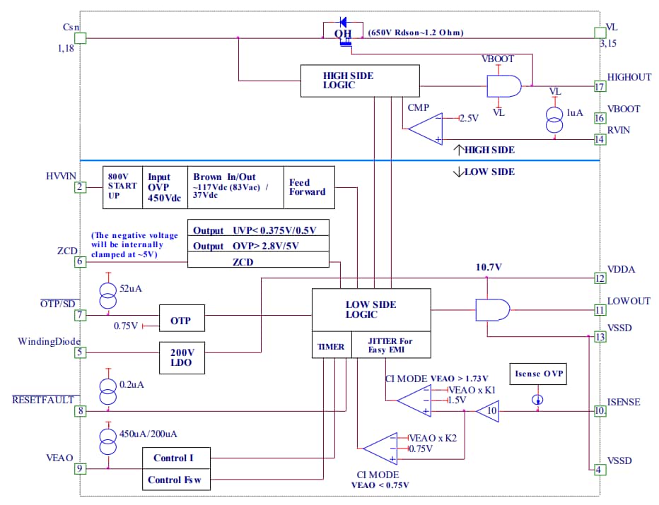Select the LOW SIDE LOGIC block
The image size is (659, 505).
(371, 309)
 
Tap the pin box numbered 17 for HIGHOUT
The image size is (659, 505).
(600, 87)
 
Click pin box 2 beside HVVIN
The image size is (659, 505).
(81, 187)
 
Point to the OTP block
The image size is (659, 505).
(182, 319)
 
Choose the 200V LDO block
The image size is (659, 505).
(182, 357)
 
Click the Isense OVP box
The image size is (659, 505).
(538, 374)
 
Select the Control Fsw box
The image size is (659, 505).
(178, 480)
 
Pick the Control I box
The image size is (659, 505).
(178, 458)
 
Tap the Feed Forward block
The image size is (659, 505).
(308, 187)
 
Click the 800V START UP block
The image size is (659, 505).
(123, 187)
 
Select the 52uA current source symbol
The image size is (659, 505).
(108, 295)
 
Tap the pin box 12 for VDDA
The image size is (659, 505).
(600, 278)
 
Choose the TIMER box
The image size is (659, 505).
(330, 347)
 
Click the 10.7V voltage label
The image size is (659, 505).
(489, 267)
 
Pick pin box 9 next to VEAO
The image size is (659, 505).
(81, 468)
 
